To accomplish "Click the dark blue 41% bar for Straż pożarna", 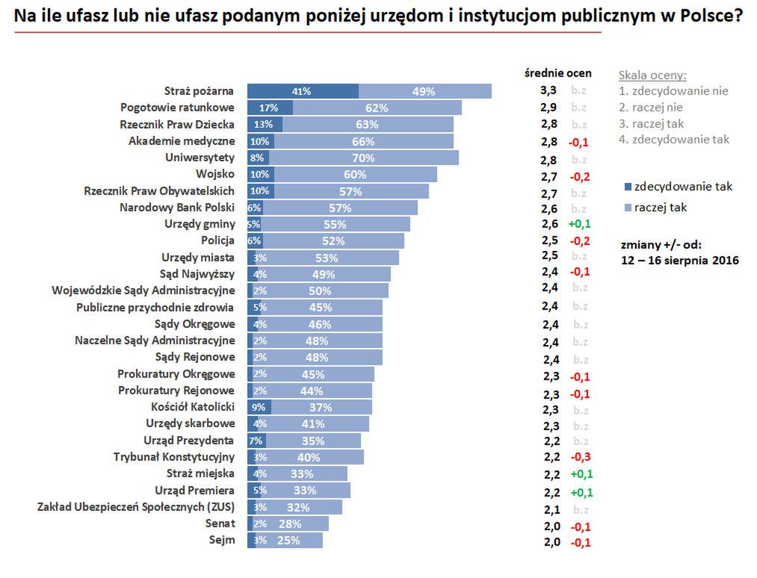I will pyautogui.click(x=303, y=91).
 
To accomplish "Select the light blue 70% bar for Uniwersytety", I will pyautogui.click(x=363, y=158).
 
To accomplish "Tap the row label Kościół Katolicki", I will pyautogui.click(x=193, y=407).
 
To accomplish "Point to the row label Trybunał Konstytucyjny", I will pyautogui.click(x=174, y=457).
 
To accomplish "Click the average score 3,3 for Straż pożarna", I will pyautogui.click(x=549, y=90).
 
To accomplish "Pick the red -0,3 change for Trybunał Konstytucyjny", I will pyautogui.click(x=581, y=457).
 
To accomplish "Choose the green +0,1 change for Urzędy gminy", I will pyautogui.click(x=581, y=224).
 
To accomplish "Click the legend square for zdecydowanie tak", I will pyautogui.click(x=627, y=187).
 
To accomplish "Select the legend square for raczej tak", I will pyautogui.click(x=627, y=208).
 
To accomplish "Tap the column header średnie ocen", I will pyautogui.click(x=559, y=73).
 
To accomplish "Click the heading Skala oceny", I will pyautogui.click(x=652, y=75).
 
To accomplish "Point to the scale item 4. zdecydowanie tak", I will pyautogui.click(x=674, y=139).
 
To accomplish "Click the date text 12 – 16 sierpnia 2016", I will pyautogui.click(x=679, y=261).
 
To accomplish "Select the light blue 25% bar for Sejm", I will pyautogui.click(x=289, y=540).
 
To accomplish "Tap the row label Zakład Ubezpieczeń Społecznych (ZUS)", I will pyautogui.click(x=136, y=507).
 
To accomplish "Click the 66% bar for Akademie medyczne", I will pyautogui.click(x=363, y=141).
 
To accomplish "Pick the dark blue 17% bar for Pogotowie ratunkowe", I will pyautogui.click(x=270, y=108).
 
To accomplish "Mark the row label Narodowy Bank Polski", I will pyautogui.click(x=177, y=208).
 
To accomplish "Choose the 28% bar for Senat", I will pyautogui.click(x=292, y=523).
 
